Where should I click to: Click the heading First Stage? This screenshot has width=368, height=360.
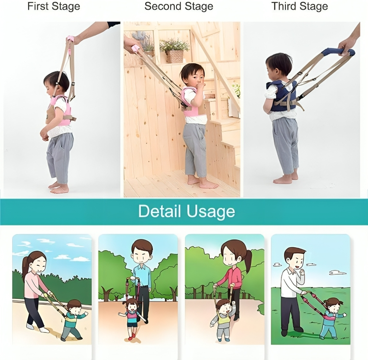pos(53,7)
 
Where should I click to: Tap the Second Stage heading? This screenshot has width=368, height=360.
pos(179,7)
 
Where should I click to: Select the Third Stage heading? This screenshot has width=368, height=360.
pos(300,7)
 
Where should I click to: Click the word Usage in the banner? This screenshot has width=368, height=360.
pos(211,211)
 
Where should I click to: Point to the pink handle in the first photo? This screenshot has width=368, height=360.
pos(70,38)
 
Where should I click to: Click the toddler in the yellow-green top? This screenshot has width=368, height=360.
pos(224,318)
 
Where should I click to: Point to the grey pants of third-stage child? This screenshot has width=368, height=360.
pos(285,143)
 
